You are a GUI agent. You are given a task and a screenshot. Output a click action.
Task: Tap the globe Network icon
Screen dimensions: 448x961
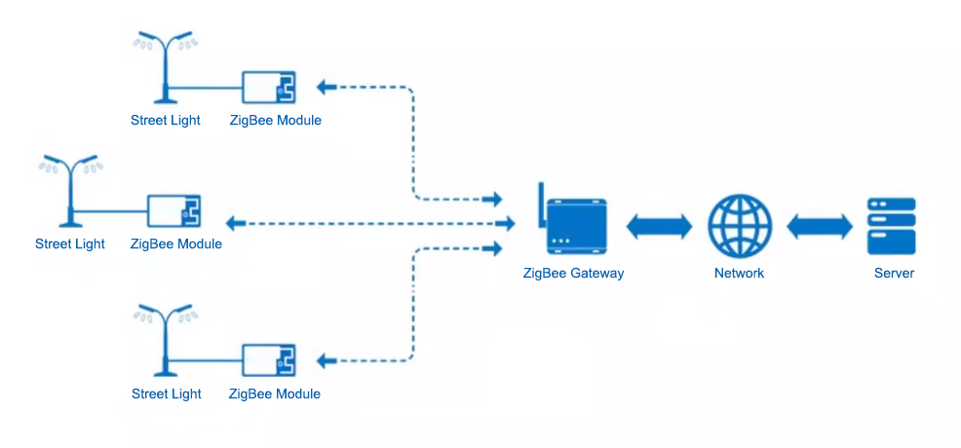coord(740,226)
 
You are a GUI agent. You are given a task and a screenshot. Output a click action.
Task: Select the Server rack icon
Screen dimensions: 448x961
coord(892,226)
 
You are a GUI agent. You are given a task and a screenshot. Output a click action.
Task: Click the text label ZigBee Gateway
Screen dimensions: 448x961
coord(573,274)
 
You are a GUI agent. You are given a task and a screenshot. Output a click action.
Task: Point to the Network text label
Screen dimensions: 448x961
coord(739,274)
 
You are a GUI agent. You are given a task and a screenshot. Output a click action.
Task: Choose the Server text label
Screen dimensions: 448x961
coord(894,274)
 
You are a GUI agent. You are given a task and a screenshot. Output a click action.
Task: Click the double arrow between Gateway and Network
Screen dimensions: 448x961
coord(659,227)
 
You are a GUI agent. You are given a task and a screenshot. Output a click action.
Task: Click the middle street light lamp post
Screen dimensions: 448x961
coord(69,190)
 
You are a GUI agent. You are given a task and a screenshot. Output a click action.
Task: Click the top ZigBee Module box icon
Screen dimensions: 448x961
coord(269,88)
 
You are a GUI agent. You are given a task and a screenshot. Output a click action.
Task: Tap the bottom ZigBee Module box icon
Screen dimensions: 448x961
coord(269,360)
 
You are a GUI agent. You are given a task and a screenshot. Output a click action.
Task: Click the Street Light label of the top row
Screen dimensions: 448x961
coord(166,121)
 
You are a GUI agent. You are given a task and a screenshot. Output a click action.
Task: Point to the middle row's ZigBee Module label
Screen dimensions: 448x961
coord(176,244)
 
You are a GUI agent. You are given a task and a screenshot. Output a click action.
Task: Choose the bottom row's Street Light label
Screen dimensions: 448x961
coord(167,394)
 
